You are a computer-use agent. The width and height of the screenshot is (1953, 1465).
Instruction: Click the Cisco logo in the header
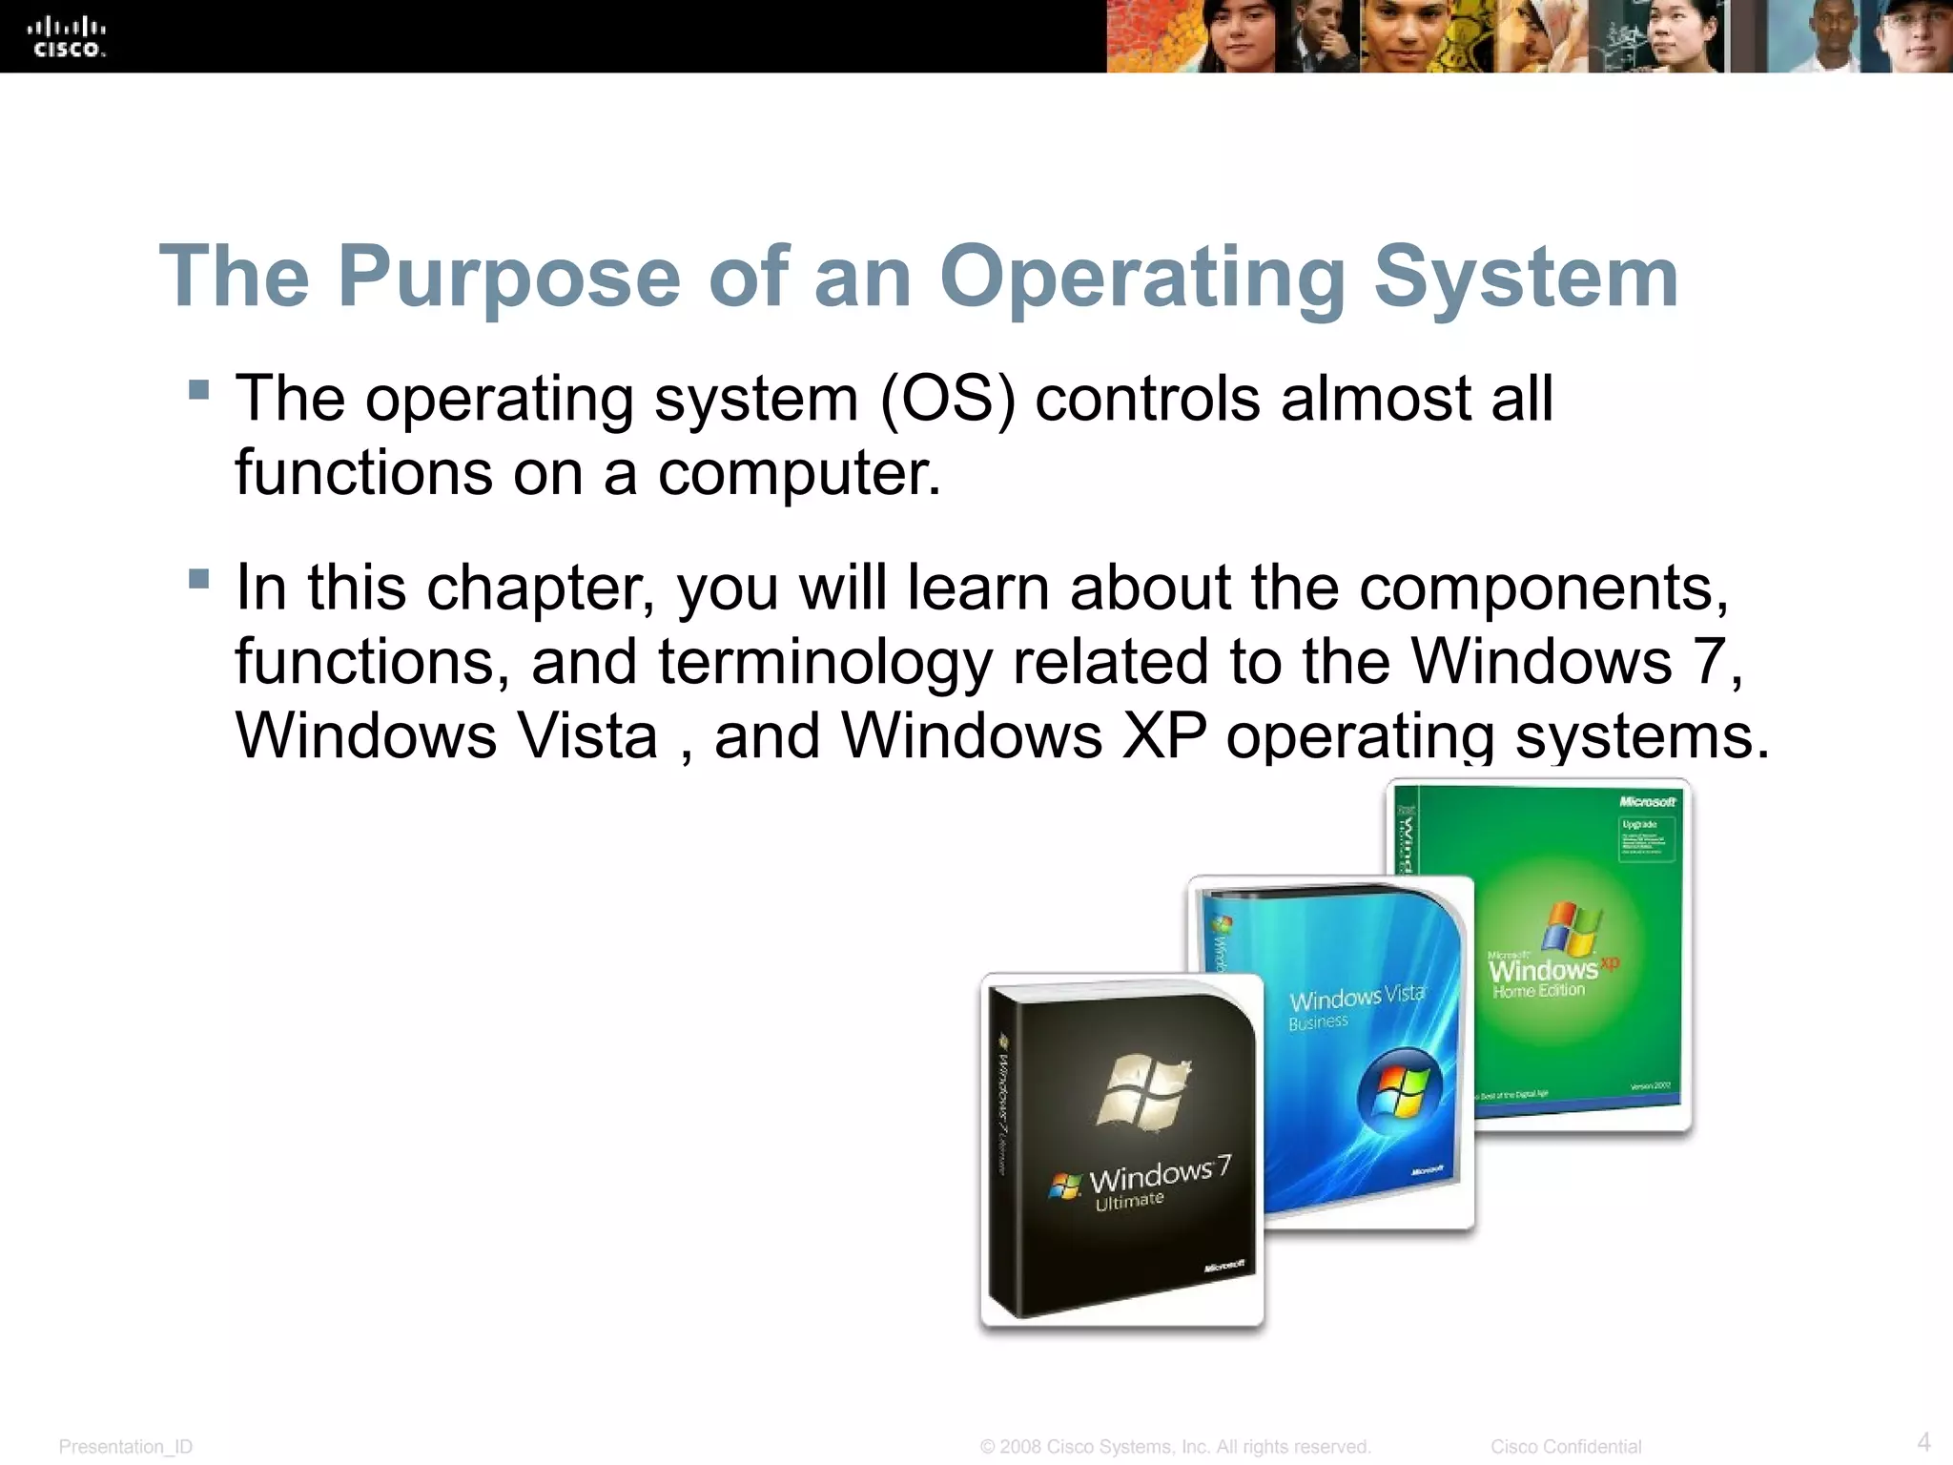click(x=66, y=37)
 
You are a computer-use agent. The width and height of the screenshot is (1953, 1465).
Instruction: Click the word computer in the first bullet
click(x=798, y=473)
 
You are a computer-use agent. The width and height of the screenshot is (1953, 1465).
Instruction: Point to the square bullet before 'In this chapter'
click(x=198, y=579)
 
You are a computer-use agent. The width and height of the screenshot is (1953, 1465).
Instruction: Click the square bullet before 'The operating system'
click(x=198, y=389)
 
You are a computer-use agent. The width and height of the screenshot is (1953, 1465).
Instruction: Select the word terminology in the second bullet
click(x=824, y=662)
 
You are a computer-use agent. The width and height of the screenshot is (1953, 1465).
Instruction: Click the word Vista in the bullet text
click(x=587, y=736)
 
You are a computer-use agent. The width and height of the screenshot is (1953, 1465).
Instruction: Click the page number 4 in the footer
click(x=1923, y=1441)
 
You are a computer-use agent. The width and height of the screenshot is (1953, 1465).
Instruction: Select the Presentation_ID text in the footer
click(x=125, y=1447)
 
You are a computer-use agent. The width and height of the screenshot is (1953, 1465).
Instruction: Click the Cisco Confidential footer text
click(x=1566, y=1447)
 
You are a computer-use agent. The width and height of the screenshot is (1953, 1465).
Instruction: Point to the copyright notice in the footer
click(x=1175, y=1447)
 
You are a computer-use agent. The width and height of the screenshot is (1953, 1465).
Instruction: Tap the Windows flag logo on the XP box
click(x=1571, y=928)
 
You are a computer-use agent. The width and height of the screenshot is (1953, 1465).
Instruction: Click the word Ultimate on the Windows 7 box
click(x=1129, y=1201)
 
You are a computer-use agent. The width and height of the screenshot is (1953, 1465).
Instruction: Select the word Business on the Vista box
click(x=1318, y=1022)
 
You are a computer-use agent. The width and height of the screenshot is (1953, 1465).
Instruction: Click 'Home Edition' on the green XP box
click(x=1538, y=991)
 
